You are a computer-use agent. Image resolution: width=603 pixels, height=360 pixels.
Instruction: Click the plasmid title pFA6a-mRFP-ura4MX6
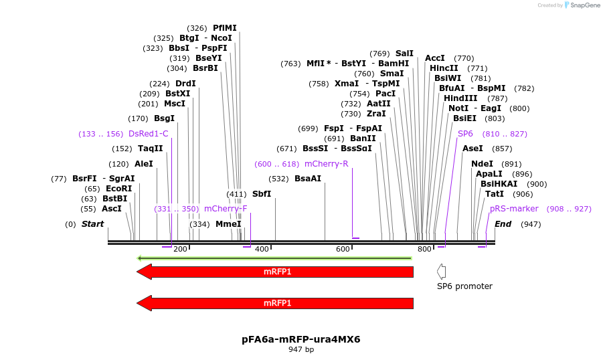pos(301,339)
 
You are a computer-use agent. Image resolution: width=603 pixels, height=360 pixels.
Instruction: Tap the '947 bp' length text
pos(301,349)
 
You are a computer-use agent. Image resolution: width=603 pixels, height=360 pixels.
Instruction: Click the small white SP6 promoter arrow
pos(441,271)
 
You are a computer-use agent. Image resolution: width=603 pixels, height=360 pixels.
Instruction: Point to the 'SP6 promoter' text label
pos(464,286)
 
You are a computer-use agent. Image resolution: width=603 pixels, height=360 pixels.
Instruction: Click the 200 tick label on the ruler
pos(181,249)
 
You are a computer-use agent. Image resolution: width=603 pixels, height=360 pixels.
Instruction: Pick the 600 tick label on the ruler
pos(343,249)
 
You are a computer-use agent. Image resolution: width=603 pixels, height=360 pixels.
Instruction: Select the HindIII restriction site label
pos(460,98)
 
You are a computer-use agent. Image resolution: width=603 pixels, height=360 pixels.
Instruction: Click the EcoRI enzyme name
pos(118,189)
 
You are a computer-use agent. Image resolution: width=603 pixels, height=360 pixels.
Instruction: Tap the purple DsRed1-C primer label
pos(149,134)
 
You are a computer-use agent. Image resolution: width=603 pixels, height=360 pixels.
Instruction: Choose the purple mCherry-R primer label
pos(326,164)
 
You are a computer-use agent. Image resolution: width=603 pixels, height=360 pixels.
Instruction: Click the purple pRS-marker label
pos(514,209)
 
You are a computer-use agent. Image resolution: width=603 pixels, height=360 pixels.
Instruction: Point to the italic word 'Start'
pos(93,224)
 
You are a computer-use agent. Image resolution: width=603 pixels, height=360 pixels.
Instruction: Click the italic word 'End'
pos(503,224)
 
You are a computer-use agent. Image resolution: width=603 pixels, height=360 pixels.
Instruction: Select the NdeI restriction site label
pos(482,164)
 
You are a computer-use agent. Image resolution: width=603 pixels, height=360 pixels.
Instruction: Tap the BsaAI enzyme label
pos(308,179)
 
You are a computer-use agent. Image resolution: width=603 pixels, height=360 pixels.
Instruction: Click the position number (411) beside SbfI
pos(236,194)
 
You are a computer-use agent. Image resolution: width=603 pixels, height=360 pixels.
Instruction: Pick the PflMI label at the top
pos(225,28)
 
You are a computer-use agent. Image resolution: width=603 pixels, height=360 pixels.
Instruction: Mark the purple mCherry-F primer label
pos(226,209)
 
